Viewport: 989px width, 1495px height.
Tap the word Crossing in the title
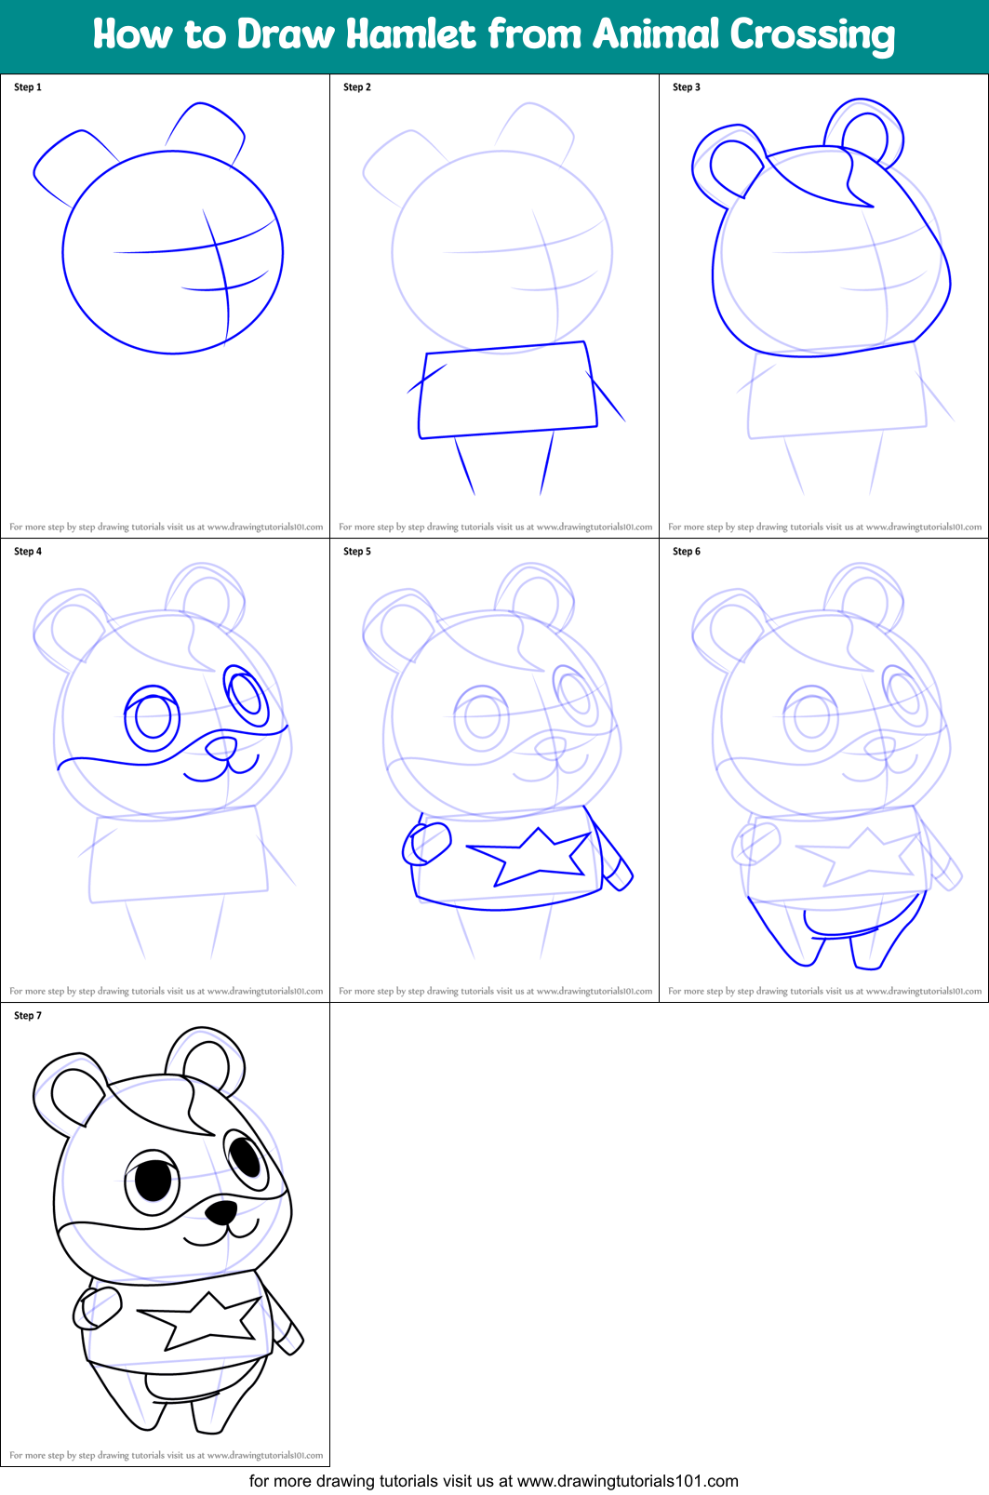(811, 35)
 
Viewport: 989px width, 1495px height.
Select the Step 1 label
(28, 87)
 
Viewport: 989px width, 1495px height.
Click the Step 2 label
(357, 87)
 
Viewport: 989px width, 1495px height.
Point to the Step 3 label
(687, 87)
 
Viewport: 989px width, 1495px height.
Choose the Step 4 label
(28, 552)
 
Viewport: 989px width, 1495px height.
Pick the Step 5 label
(357, 552)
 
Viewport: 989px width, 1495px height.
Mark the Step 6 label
(687, 552)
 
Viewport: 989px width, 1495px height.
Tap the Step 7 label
(28, 1016)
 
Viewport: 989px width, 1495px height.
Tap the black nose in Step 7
(221, 1211)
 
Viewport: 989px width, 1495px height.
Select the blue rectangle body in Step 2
(507, 391)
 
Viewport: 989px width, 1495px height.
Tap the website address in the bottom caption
(627, 1481)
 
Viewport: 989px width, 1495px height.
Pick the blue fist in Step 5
(427, 843)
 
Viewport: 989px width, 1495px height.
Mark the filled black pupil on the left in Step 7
(154, 1181)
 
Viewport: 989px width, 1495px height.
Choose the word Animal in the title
(656, 34)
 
